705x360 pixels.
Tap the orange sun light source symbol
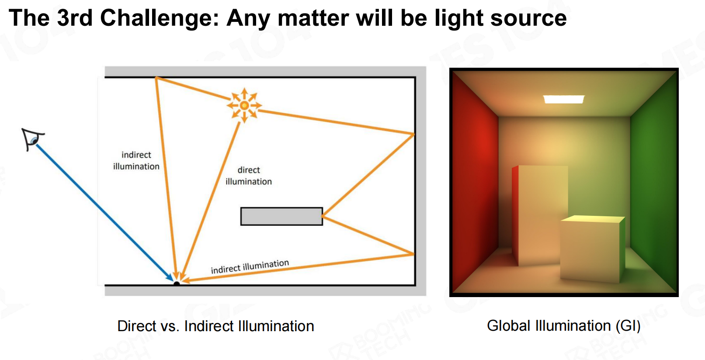244,105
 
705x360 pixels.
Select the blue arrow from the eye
104,213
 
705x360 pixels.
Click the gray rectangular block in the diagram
281,216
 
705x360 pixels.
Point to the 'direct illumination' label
249,176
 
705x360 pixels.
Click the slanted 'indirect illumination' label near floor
250,266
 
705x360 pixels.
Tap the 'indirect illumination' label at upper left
136,160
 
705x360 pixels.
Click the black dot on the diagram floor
177,284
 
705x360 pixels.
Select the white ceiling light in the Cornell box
564,99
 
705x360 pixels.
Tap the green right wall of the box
653,183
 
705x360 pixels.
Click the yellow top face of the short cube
593,219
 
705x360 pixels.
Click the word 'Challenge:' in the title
159,18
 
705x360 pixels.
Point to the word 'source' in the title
528,18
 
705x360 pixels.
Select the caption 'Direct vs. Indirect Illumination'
215,326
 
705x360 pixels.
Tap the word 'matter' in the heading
313,18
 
